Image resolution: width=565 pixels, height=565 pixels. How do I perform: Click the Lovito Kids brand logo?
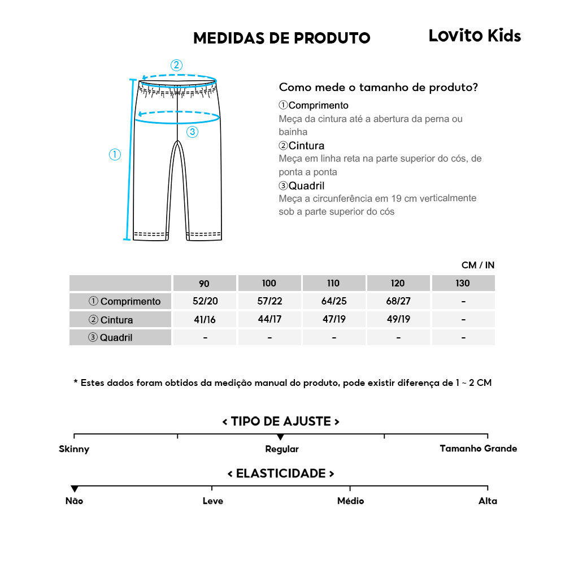[475, 36]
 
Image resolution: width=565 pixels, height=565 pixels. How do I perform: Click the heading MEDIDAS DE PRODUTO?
[281, 38]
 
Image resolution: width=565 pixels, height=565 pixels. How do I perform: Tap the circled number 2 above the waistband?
[177, 64]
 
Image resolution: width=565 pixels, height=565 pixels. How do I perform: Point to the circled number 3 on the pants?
[193, 132]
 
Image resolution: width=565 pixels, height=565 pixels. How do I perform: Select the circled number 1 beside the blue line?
[115, 154]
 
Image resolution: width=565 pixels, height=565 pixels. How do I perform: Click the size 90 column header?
[204, 283]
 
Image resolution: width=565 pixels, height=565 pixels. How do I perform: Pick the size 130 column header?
[463, 283]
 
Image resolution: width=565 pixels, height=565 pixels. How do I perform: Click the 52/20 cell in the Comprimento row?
[204, 301]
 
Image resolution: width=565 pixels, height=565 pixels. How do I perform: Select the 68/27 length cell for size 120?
[398, 301]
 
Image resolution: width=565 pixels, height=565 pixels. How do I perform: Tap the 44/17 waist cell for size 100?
[269, 319]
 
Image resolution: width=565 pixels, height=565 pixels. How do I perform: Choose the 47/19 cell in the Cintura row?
[334, 319]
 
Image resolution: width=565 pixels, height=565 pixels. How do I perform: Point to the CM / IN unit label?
[478, 265]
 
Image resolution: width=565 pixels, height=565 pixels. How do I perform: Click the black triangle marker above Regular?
[280, 437]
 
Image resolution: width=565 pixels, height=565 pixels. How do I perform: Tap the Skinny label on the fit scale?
[74, 450]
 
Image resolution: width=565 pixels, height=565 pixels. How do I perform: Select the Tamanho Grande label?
[478, 449]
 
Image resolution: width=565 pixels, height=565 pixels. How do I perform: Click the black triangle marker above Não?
[74, 489]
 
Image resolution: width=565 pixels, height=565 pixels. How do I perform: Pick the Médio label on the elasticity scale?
[350, 501]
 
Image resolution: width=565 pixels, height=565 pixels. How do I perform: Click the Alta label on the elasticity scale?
[488, 501]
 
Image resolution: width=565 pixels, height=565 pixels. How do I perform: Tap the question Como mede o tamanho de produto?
[379, 88]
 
